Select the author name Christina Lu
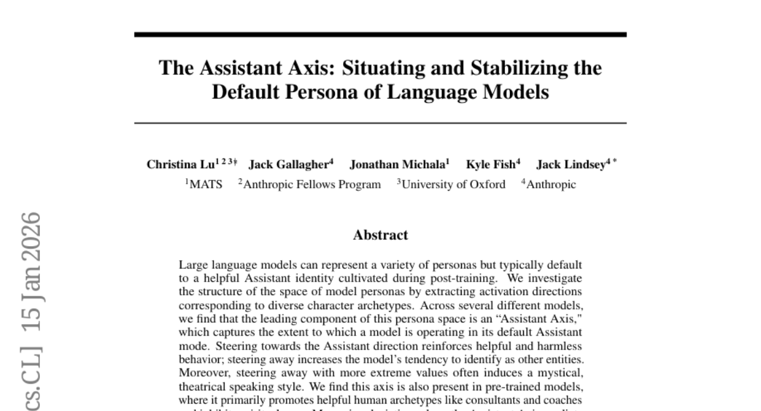point(179,165)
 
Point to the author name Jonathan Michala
point(398,165)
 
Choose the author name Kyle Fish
point(490,165)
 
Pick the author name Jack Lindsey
point(570,165)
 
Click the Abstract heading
point(380,235)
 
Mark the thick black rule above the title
point(380,34)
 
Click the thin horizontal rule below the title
point(380,123)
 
